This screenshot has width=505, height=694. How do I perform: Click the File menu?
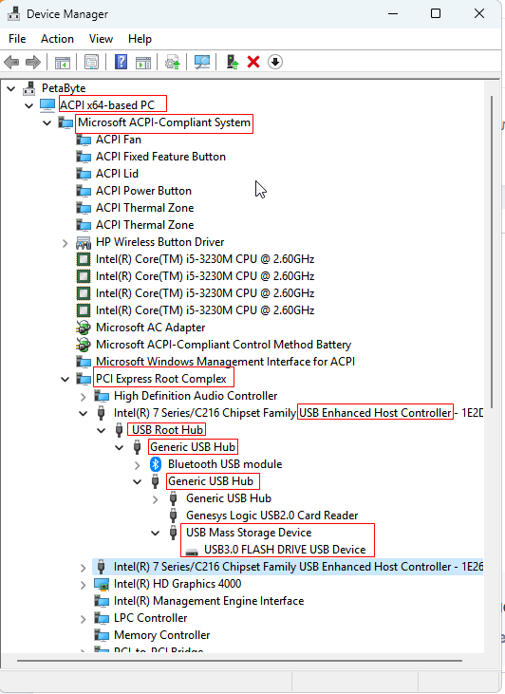coord(17,39)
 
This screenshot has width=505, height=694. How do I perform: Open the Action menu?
coord(57,39)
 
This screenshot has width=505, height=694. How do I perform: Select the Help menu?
coord(140,39)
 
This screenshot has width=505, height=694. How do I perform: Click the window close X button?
coord(479,13)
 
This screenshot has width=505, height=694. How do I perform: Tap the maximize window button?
coord(436,13)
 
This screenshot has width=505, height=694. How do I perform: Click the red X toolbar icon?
coord(253,62)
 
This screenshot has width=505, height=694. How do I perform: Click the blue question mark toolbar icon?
coord(121,62)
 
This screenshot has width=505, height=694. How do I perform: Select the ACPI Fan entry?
coord(119,140)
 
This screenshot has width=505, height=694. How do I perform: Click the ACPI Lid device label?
coord(118,174)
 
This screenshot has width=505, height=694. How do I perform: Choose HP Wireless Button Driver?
coord(159,242)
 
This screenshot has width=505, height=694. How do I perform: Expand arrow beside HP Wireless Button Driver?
coord(65,243)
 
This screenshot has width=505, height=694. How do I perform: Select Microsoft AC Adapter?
coord(151,328)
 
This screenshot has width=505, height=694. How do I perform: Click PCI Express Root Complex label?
coord(161,379)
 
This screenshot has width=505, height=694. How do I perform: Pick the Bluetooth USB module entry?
coord(225,464)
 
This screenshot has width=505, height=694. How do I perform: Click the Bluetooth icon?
coord(156,464)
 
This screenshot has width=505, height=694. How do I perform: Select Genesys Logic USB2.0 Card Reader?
coord(272,516)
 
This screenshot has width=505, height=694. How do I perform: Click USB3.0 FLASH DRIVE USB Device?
coord(285,550)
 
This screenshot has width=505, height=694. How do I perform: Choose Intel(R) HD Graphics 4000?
coord(178,584)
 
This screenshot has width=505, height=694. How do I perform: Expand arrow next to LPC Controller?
coord(84,619)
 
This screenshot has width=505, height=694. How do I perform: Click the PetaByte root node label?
coord(64,88)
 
